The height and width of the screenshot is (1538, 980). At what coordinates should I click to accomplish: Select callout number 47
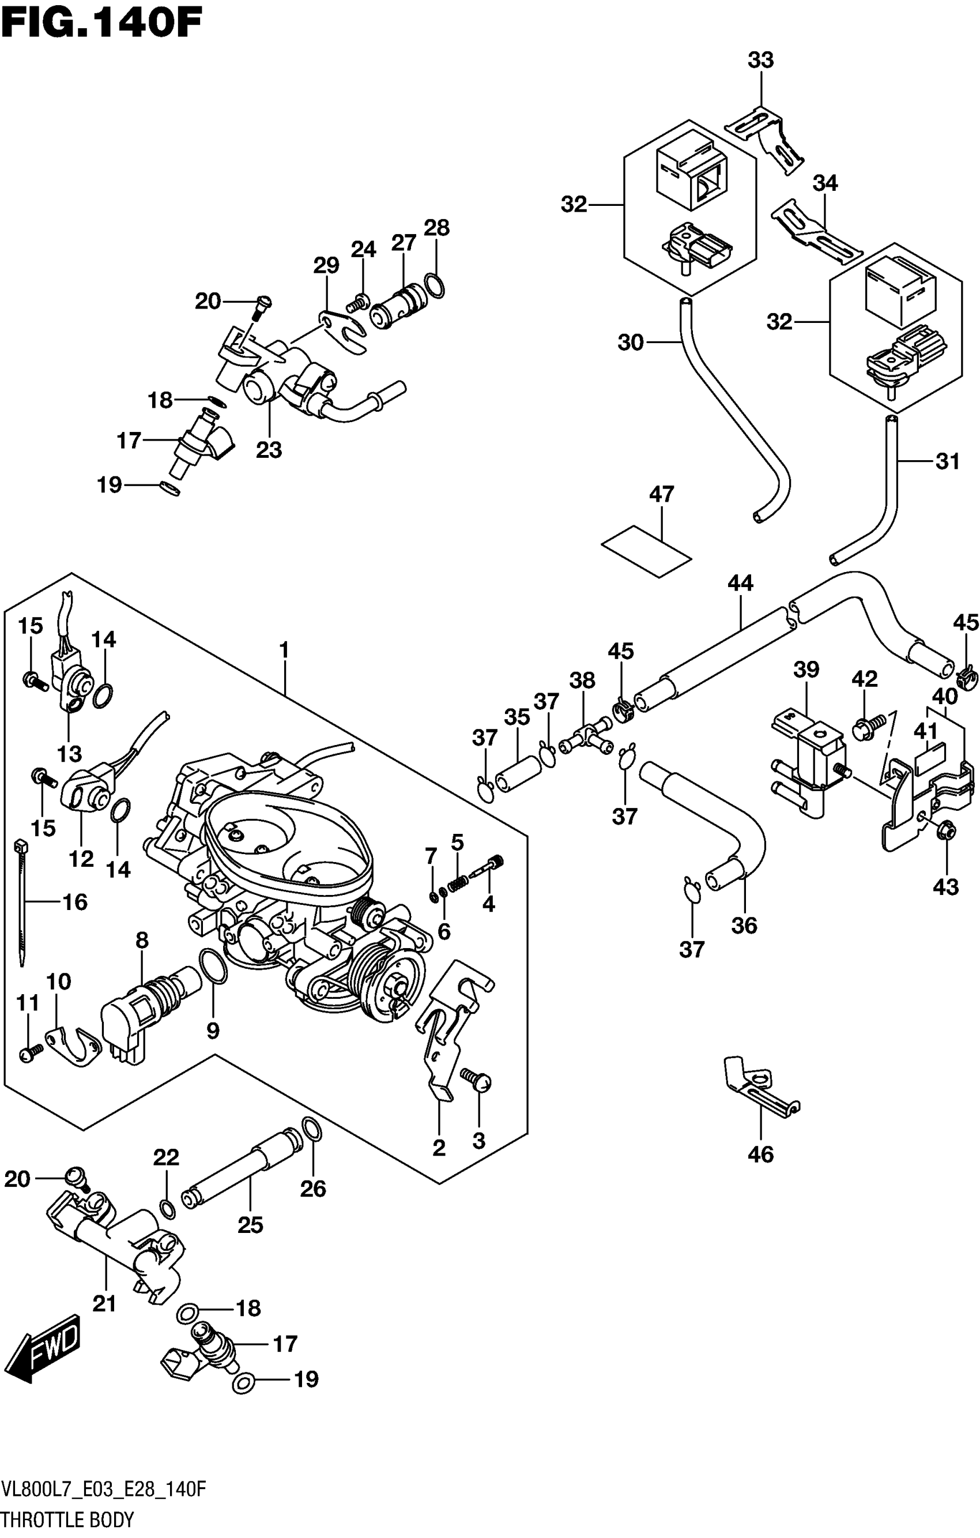pos(661,494)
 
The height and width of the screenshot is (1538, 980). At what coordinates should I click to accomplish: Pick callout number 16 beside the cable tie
pos(75,902)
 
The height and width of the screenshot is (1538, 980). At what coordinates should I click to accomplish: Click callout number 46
pos(760,1154)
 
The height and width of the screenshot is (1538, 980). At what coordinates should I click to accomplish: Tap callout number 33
pos(760,60)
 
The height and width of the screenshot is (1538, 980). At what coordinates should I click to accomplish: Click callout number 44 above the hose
pos(740,582)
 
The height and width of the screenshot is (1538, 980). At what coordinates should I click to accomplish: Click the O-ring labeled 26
pos(311,1130)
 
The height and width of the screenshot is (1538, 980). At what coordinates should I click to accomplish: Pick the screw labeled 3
pos(477,1080)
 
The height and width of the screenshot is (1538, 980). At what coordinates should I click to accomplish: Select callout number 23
pos(269,450)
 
